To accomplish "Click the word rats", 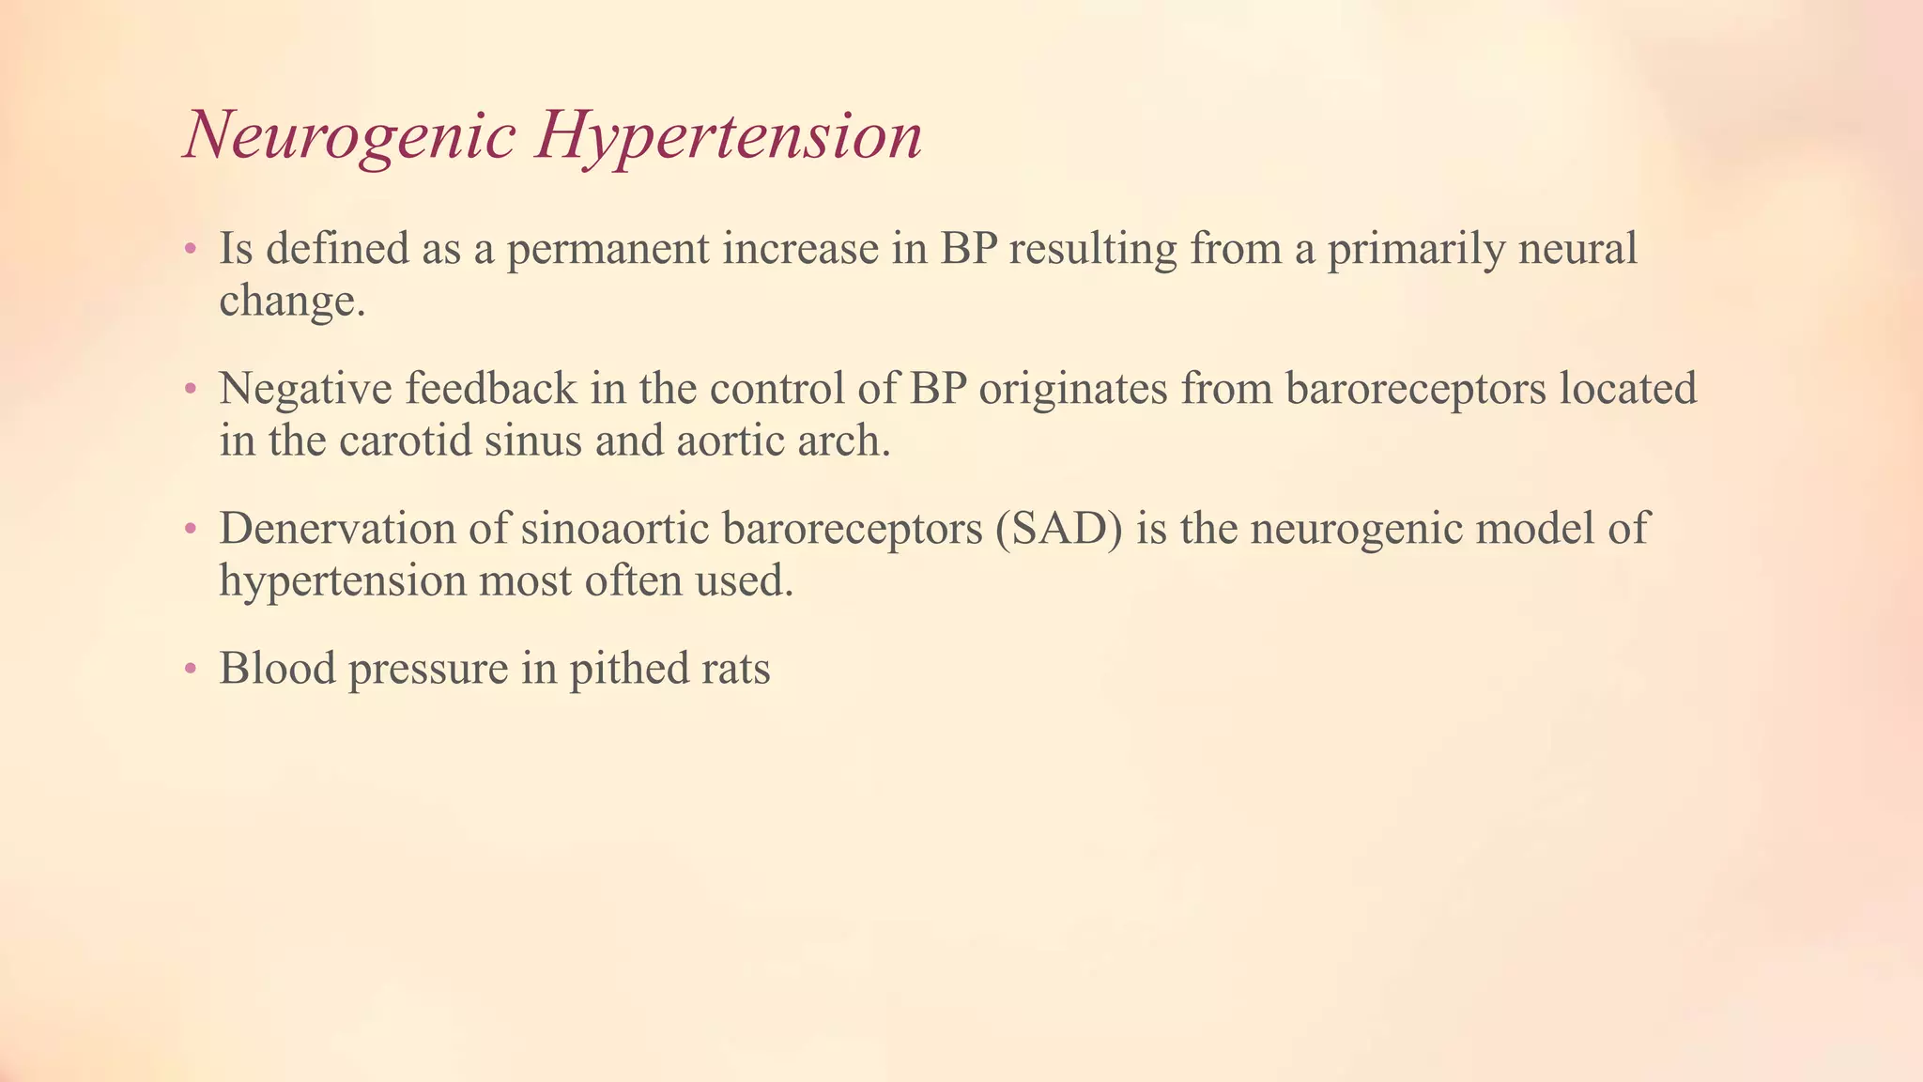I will (735, 670).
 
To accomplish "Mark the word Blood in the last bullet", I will (277, 670).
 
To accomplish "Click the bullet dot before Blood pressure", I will (191, 670).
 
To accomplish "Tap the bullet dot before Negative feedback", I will (191, 389).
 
